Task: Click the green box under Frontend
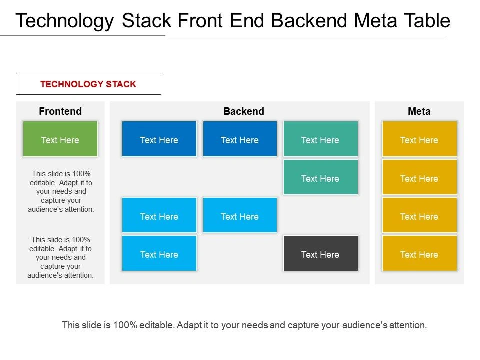point(60,139)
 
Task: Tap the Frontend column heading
point(60,111)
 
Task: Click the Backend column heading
point(244,111)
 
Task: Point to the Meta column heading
point(419,111)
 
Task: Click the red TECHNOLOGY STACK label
point(88,84)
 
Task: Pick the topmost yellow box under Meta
point(419,139)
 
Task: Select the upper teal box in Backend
point(321,139)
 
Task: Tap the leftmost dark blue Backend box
point(159,139)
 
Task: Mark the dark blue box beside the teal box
point(240,139)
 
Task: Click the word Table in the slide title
point(427,21)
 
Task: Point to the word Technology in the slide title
point(65,21)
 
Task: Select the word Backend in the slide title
point(309,21)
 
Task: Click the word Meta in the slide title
point(376,21)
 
